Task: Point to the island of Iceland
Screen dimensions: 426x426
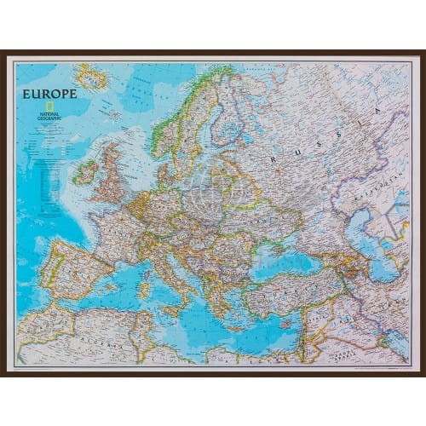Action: tap(91, 78)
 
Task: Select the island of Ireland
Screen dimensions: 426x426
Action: tap(85, 172)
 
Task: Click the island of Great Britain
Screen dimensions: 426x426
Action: tap(112, 170)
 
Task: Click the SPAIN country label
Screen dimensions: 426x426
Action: tap(68, 273)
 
